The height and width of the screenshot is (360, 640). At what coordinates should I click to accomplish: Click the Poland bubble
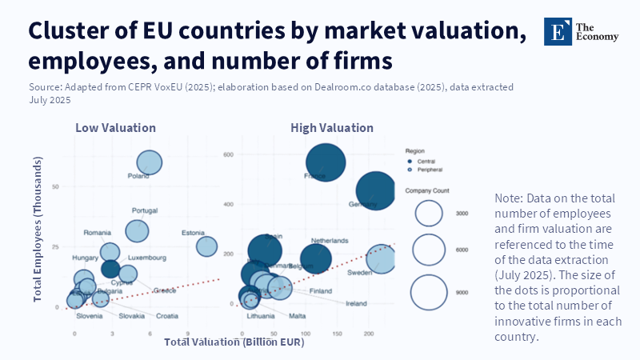tap(149, 163)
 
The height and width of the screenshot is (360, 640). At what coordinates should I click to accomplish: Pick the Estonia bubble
tap(207, 246)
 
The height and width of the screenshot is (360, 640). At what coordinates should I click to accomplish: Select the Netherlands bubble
tap(310, 258)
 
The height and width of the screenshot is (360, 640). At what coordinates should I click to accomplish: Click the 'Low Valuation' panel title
tap(115, 128)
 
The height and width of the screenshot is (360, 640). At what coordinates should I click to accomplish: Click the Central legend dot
tap(410, 161)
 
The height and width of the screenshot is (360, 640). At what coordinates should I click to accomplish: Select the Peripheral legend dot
tap(410, 170)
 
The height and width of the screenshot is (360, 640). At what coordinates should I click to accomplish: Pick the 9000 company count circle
tap(429, 292)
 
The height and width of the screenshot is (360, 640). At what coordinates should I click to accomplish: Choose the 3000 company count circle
tap(429, 214)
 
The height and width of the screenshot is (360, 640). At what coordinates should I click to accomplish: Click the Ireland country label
tap(356, 304)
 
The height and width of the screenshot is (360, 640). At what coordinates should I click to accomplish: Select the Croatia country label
tap(167, 316)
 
